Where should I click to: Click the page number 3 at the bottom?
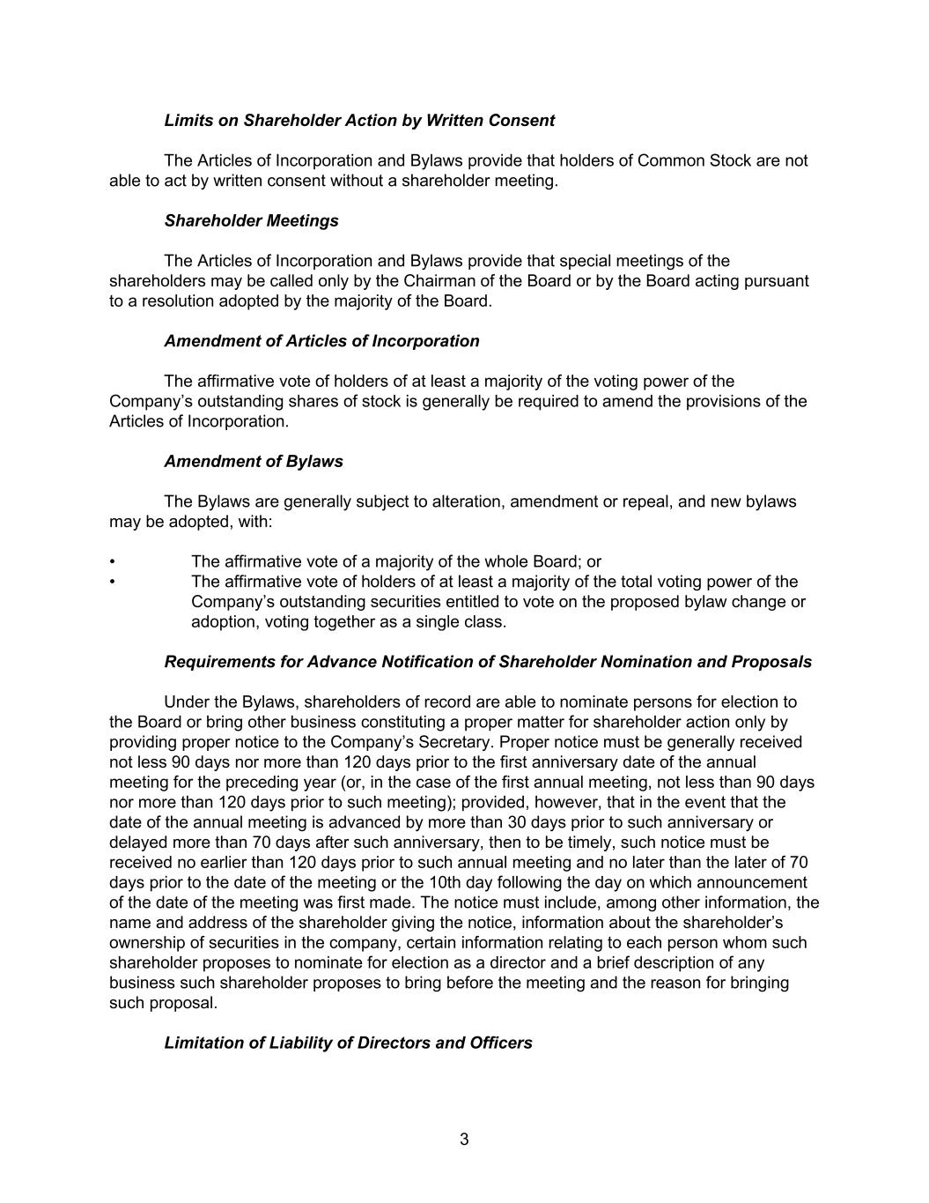[464, 1139]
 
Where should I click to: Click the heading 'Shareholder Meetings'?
[251, 220]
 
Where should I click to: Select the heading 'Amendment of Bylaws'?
[254, 461]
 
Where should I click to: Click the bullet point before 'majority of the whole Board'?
[112, 562]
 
